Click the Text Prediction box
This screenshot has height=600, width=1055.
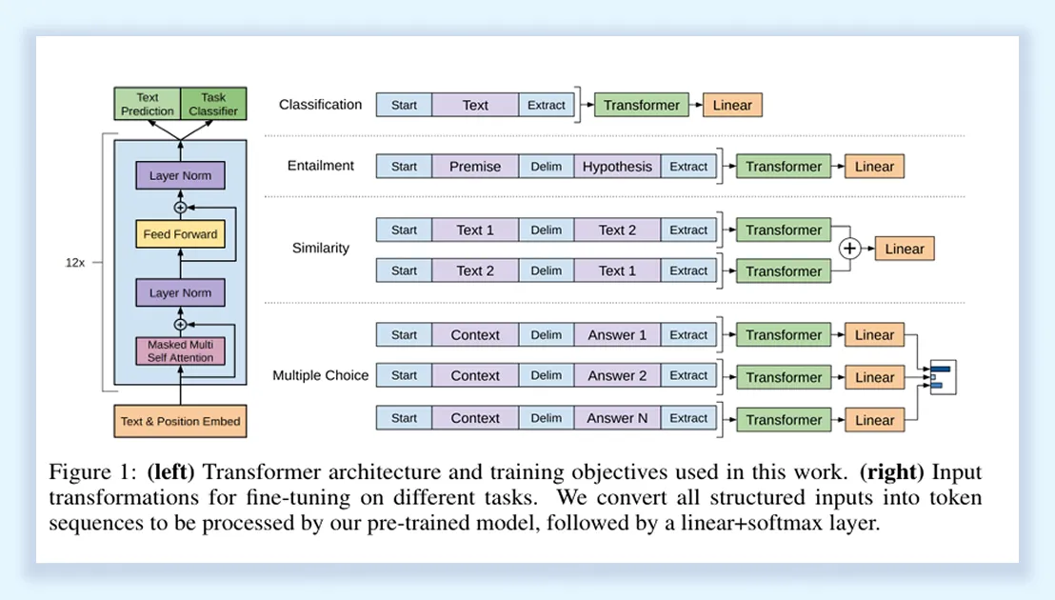pyautogui.click(x=148, y=104)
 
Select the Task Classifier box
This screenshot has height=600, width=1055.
pyautogui.click(x=213, y=104)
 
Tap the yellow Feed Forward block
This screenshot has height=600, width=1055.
pyautogui.click(x=180, y=234)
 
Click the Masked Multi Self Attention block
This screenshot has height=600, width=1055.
pyautogui.click(x=180, y=351)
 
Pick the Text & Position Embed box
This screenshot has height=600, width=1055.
pyautogui.click(x=180, y=421)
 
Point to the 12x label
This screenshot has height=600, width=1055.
pyautogui.click(x=75, y=262)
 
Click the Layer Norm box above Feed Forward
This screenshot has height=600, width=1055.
pyautogui.click(x=180, y=176)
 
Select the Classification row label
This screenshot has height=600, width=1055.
pyautogui.click(x=320, y=105)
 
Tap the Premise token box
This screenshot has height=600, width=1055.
pyautogui.click(x=475, y=167)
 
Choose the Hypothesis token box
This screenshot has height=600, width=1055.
pyautogui.click(x=617, y=167)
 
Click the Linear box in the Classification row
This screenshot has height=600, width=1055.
pyautogui.click(x=732, y=105)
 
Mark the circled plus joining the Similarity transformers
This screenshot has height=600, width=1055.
pyautogui.click(x=849, y=250)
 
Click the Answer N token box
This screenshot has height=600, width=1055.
pyautogui.click(x=617, y=418)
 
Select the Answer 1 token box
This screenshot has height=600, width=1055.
pyautogui.click(x=617, y=335)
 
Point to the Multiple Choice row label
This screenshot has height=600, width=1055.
pyautogui.click(x=320, y=375)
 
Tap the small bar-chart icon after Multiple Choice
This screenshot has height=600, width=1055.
pyautogui.click(x=942, y=377)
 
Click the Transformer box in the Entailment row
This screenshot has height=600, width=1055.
pyautogui.click(x=783, y=167)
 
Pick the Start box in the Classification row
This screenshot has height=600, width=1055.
pyautogui.click(x=404, y=105)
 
